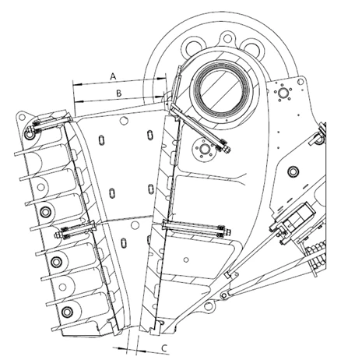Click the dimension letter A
[113, 76]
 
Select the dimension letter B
[119, 94]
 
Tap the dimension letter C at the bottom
[164, 348]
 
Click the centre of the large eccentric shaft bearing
[222, 89]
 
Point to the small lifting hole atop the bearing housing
[227, 38]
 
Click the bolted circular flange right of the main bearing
[283, 92]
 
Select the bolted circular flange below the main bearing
[205, 149]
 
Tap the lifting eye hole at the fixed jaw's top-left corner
[22, 118]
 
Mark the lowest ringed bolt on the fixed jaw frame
[67, 312]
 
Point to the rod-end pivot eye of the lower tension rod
[224, 295]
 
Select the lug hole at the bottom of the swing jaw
[208, 305]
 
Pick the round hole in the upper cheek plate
[125, 120]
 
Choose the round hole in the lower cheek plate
[135, 225]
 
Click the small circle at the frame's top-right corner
[300, 82]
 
